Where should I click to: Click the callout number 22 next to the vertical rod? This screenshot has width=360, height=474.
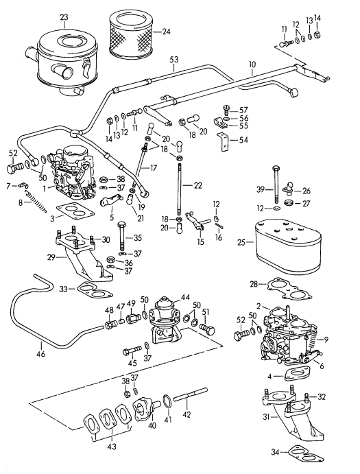click(198, 186)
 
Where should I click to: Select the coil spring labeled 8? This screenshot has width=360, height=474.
click(32, 202)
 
